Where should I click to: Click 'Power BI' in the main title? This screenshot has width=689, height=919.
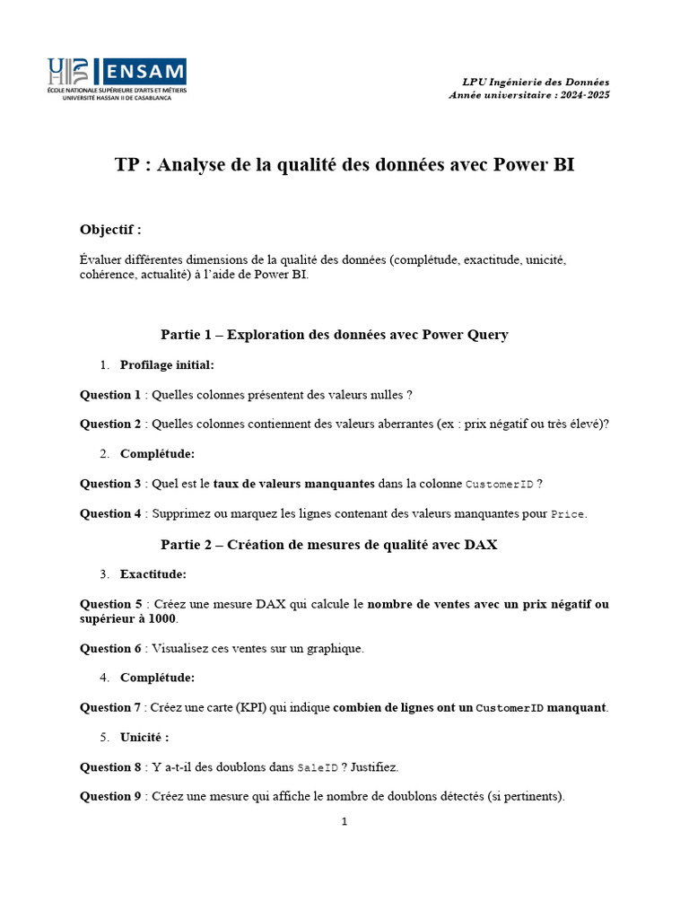pyautogui.click(x=534, y=165)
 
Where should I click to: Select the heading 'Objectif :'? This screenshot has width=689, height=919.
pyautogui.click(x=110, y=229)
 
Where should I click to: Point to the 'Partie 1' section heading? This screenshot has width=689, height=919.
pyautogui.click(x=335, y=335)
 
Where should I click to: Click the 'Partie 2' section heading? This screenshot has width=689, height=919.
pyautogui.click(x=328, y=544)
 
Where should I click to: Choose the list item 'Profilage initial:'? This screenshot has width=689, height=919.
pyautogui.click(x=167, y=364)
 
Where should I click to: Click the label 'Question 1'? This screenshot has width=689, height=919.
pyautogui.click(x=110, y=394)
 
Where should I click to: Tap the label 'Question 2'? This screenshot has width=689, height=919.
pyautogui.click(x=110, y=424)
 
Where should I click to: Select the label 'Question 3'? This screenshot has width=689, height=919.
pyautogui.click(x=110, y=484)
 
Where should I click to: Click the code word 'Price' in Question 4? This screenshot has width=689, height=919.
pyautogui.click(x=567, y=514)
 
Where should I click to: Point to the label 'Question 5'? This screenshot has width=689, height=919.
pyautogui.click(x=110, y=604)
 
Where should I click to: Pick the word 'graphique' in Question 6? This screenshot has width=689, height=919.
pyautogui.click(x=335, y=648)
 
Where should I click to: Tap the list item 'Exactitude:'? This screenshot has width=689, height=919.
pyautogui.click(x=153, y=573)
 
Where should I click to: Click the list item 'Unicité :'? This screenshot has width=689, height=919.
pyautogui.click(x=144, y=737)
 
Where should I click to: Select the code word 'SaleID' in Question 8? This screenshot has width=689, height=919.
pyautogui.click(x=318, y=767)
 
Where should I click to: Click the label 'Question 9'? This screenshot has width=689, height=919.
pyautogui.click(x=110, y=797)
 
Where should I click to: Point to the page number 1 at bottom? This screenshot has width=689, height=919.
pyautogui.click(x=344, y=821)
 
